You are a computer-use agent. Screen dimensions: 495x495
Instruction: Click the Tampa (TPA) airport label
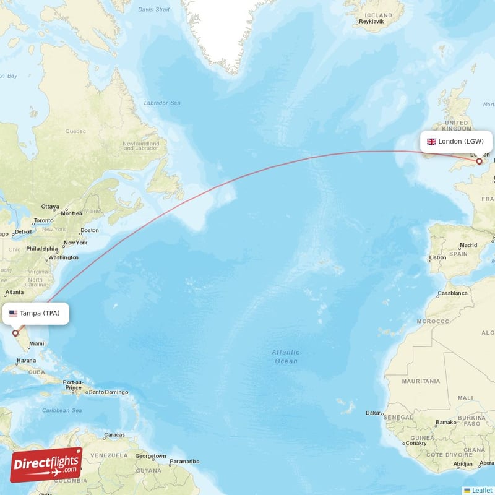tap(35, 313)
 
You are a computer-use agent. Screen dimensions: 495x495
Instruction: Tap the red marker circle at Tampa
tap(15, 333)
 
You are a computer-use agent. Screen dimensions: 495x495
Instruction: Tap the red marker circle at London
tap(479, 161)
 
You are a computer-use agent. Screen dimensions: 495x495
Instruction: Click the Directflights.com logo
tap(46, 465)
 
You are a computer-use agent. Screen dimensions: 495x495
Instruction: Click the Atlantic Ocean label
tap(285, 356)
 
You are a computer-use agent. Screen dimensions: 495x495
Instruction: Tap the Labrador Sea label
tap(161, 103)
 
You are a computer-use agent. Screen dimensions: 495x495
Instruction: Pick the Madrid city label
tap(468, 245)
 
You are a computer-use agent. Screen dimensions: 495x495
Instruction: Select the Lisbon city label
tap(437, 257)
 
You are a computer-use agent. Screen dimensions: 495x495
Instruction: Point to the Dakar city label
tap(374, 412)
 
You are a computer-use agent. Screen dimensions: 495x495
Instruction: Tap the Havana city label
tap(26, 360)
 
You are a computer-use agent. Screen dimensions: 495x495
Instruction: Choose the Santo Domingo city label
tap(108, 392)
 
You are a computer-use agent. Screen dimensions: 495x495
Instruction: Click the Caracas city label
tap(114, 435)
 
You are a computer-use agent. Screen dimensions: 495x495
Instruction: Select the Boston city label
tap(90, 230)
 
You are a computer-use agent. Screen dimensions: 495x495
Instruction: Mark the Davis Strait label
tap(154, 10)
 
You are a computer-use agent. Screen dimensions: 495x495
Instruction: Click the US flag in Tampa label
tap(13, 313)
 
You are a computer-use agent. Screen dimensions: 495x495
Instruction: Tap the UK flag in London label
tap(431, 142)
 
